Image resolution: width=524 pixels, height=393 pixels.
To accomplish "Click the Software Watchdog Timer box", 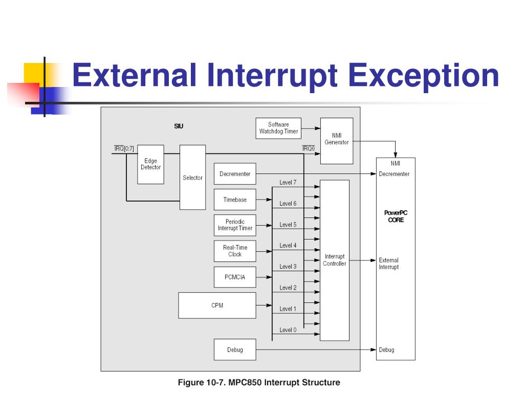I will point(278,128).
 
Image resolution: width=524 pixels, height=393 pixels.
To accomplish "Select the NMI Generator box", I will point(336,140).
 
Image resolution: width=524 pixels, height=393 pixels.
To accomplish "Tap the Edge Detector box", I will point(150,164).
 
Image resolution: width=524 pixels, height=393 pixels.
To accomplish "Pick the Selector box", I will point(192,178).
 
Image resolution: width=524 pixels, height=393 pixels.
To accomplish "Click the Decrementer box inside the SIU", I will point(235,174).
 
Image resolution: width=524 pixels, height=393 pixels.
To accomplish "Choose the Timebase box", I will point(235,200).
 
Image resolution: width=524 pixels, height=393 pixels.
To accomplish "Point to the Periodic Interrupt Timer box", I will point(235,225).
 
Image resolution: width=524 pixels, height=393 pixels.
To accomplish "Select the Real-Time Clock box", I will point(235,251).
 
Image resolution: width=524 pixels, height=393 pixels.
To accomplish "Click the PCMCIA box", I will point(235,277).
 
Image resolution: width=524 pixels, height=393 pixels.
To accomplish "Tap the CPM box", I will point(217,305).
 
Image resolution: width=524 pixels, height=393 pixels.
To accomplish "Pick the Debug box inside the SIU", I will point(235,350).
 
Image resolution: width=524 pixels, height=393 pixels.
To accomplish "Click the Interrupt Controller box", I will point(334,260).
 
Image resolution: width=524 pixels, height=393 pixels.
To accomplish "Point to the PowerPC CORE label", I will point(396,216).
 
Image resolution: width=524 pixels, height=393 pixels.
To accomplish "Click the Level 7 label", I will point(288,183).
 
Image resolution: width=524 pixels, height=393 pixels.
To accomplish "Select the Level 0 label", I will point(288,330).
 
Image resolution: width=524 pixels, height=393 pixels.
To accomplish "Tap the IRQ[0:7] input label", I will point(123,148).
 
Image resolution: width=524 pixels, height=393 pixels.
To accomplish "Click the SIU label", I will point(178,126).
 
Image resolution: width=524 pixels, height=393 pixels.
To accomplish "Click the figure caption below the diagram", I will point(258,382).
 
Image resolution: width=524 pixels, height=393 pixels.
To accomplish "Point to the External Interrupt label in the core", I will point(389,264).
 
